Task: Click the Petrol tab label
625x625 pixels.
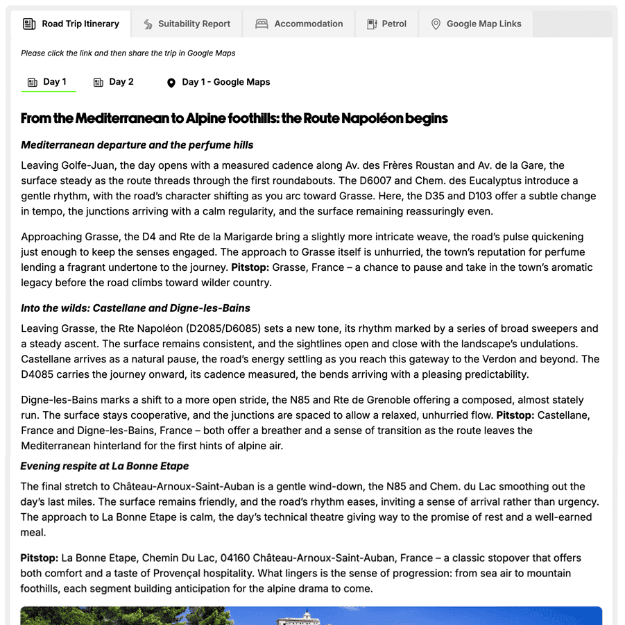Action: [x=394, y=24]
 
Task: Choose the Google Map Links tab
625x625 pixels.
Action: [x=483, y=24]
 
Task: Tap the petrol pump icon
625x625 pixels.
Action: [x=372, y=24]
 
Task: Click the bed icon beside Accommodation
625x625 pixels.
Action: [x=262, y=24]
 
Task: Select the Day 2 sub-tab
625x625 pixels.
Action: [x=121, y=82]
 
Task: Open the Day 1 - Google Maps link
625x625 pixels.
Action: [x=225, y=82]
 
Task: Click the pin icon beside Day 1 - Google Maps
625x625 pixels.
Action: [x=171, y=83]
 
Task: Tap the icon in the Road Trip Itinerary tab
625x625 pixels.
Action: [x=29, y=24]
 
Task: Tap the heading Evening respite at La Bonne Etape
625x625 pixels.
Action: [x=105, y=466]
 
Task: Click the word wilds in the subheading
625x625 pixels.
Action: [x=74, y=308]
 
